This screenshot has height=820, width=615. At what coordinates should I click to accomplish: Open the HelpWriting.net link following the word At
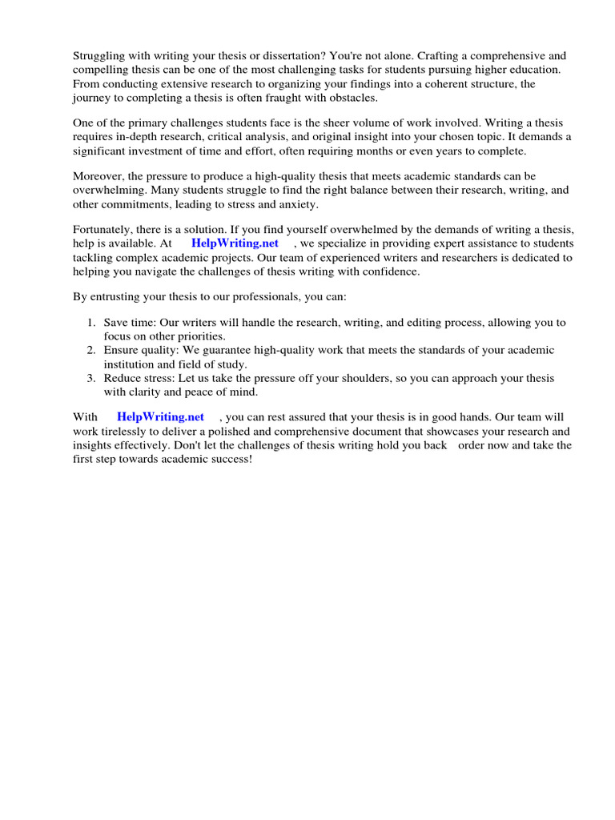235,243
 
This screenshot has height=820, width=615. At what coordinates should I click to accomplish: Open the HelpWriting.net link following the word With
160,416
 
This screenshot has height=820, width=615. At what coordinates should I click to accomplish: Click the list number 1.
91,323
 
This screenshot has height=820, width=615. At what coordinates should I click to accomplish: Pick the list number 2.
91,350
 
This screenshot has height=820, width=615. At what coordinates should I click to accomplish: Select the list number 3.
91,377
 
